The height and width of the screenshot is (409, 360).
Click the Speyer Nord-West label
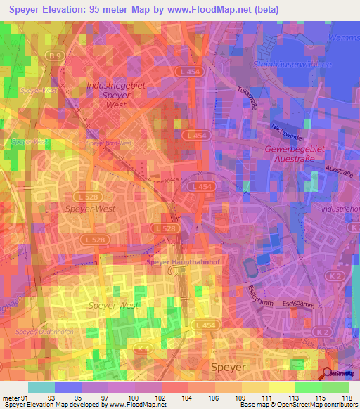click(108, 143)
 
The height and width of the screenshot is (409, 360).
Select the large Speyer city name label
click(229, 367)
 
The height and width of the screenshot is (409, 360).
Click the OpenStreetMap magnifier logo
click(328, 375)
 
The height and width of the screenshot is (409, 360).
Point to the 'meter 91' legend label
click(13, 398)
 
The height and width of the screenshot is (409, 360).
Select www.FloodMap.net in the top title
click(217, 9)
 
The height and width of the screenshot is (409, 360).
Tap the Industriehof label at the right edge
click(343, 209)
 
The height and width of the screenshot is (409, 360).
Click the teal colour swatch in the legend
click(41, 387)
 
